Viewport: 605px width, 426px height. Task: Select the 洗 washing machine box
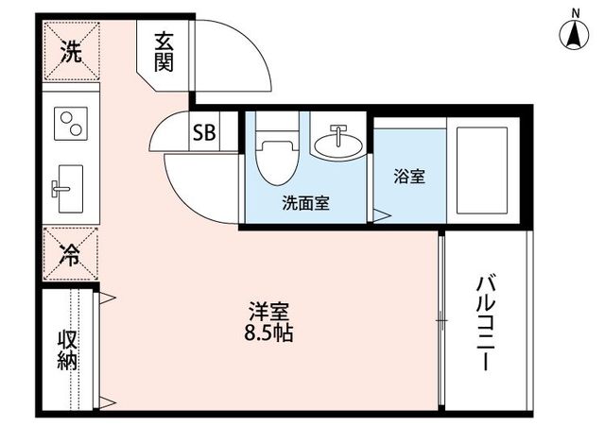pyautogui.click(x=71, y=53)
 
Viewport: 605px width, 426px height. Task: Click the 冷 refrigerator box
pyautogui.click(x=71, y=253)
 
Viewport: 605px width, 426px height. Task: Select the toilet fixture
pyautogui.click(x=276, y=155)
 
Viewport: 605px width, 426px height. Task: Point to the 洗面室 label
pyautogui.click(x=305, y=202)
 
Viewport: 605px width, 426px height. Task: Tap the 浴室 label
pyautogui.click(x=408, y=176)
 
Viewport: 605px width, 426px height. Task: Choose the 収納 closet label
pyautogui.click(x=67, y=349)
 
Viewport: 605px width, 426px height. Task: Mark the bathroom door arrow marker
pyautogui.click(x=379, y=216)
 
